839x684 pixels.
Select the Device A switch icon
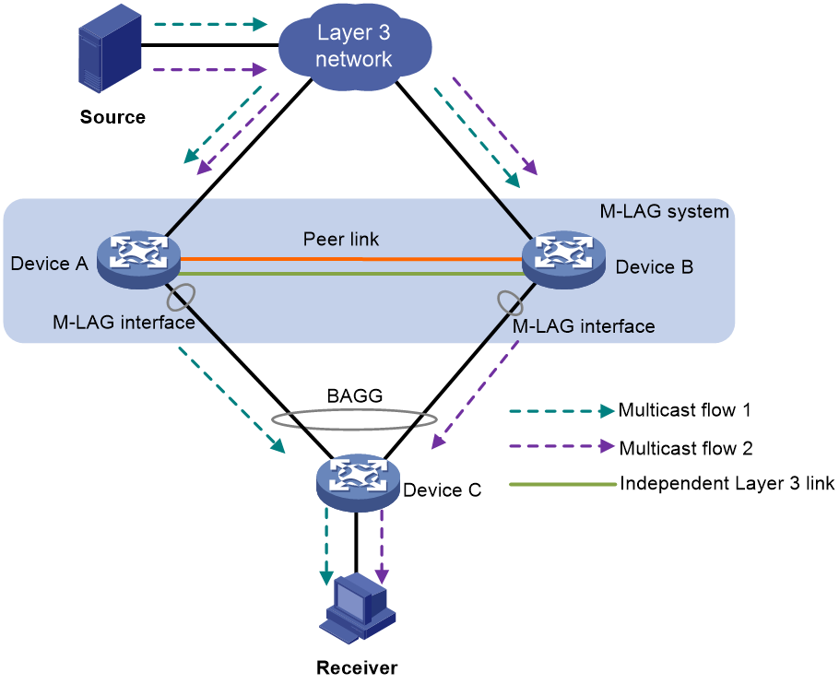(138, 260)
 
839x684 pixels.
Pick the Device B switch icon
(563, 260)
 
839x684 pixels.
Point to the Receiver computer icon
(358, 608)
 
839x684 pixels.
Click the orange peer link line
(351, 259)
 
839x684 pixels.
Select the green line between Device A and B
(351, 273)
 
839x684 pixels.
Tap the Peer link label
(341, 239)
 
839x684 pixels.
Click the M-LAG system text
(664, 211)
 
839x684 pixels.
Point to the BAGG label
(355, 395)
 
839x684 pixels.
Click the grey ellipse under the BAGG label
(354, 429)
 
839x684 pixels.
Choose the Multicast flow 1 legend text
(684, 410)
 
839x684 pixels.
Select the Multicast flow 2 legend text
(685, 448)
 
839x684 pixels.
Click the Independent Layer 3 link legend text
(727, 483)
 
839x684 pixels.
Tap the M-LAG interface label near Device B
(584, 326)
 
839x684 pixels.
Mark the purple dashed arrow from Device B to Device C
(476, 395)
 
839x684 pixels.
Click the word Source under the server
(112, 117)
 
